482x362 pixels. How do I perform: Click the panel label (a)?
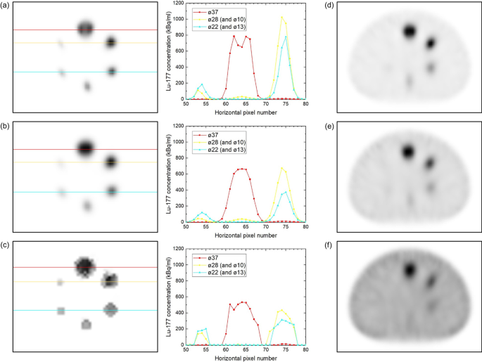[6, 6]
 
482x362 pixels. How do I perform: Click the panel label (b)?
[6, 127]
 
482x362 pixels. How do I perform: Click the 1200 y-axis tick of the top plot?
[177, 6]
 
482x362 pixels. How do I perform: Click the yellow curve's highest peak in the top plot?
[282, 17]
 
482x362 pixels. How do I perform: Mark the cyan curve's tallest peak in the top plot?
[286, 37]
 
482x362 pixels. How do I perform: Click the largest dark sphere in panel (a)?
[85, 29]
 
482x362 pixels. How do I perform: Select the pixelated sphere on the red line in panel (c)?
[85, 266]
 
